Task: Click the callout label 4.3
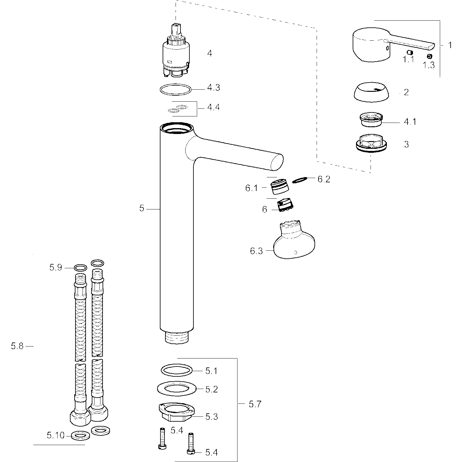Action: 213,88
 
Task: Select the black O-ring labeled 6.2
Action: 300,180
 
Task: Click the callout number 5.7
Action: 255,404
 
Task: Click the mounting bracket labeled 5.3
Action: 176,413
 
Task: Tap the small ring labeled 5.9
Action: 80,267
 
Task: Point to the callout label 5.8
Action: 17,346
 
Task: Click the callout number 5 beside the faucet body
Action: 142,209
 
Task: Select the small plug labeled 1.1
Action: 410,52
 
